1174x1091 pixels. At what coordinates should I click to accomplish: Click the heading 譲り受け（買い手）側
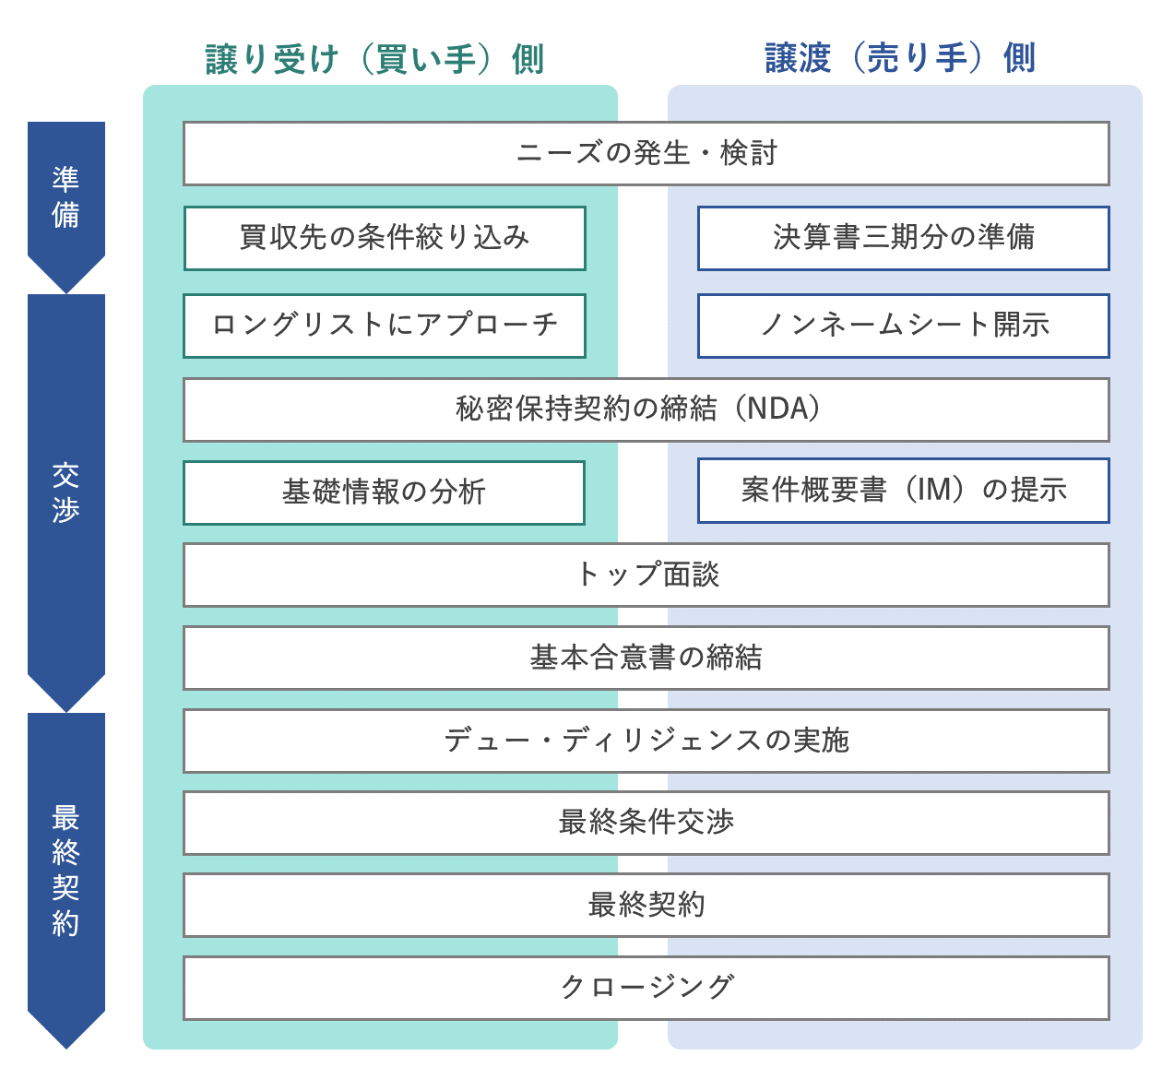(x=374, y=59)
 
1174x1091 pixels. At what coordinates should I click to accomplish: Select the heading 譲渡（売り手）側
(x=900, y=58)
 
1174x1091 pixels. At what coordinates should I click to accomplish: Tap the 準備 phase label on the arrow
(x=65, y=196)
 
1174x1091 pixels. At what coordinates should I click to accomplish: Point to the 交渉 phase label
(x=65, y=492)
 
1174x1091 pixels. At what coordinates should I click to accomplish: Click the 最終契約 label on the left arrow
(x=65, y=870)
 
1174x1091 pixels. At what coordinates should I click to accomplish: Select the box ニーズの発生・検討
(x=646, y=153)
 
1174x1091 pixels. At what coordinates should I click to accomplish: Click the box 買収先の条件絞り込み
(x=385, y=238)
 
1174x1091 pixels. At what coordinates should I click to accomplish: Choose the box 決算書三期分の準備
(x=903, y=238)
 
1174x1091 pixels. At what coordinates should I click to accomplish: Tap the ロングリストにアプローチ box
(x=385, y=326)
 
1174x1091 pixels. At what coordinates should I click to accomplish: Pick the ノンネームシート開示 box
(x=903, y=326)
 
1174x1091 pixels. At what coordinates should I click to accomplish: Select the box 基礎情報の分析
(x=384, y=492)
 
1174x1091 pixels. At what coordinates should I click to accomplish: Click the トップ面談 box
(x=646, y=575)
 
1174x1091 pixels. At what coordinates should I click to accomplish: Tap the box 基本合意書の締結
(x=646, y=658)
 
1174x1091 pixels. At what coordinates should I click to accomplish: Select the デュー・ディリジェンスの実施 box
(x=646, y=741)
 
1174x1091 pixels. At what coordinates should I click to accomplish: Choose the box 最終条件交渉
(x=646, y=823)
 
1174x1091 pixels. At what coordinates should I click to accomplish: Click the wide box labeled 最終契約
(x=646, y=905)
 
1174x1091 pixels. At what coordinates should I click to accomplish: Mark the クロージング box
(x=646, y=988)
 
